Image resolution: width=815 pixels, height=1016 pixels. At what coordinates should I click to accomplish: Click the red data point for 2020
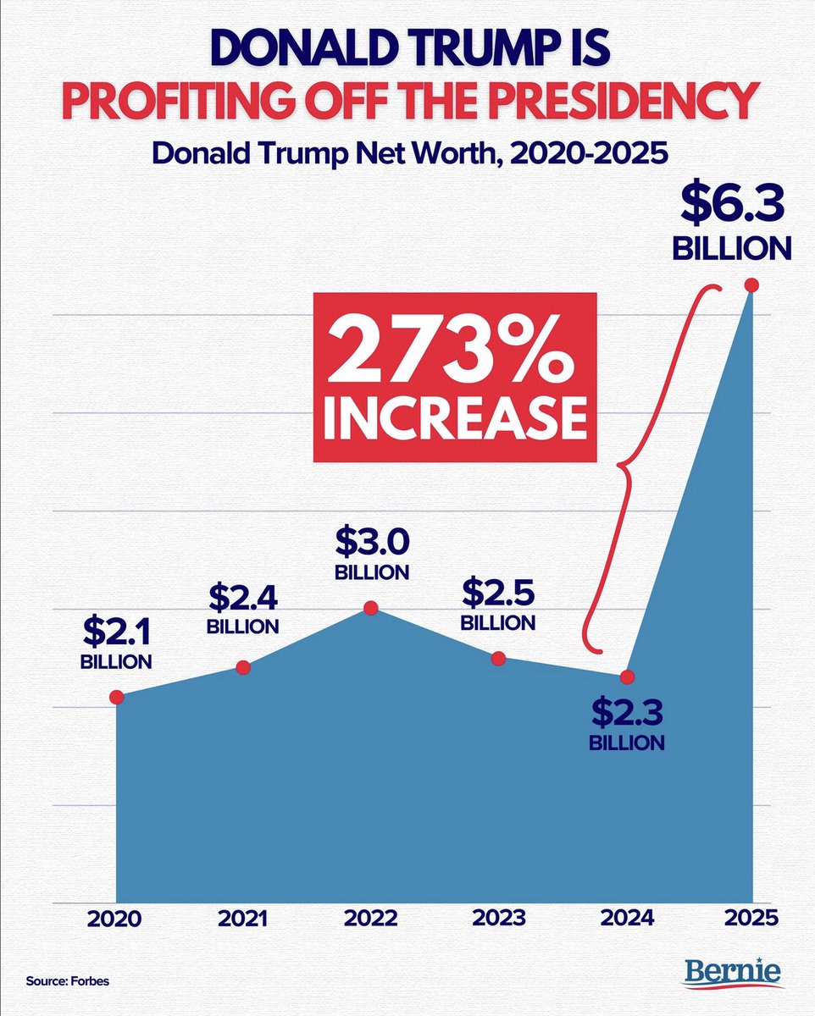coord(117,697)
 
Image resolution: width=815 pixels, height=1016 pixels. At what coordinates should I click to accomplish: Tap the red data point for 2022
coord(370,607)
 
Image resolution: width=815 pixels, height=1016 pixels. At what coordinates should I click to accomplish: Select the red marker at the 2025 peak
coord(751,285)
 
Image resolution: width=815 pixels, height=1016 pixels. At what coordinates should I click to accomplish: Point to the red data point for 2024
coord(628,676)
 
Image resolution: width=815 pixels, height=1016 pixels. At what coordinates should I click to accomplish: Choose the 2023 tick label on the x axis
coord(498,919)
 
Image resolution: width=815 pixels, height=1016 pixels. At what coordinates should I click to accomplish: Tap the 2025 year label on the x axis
coord(751,919)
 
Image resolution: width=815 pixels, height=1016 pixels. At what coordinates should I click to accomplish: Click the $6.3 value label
coord(732,206)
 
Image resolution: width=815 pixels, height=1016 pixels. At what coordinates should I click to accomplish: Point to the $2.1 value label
coord(116,631)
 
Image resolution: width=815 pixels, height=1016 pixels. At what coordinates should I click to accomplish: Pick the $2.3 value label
coord(627,712)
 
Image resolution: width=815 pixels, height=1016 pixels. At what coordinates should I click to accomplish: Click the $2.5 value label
coord(497,593)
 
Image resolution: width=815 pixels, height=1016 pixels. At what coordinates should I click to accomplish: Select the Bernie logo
coord(734,974)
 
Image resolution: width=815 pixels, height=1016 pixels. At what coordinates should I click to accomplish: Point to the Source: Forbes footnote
coord(68,981)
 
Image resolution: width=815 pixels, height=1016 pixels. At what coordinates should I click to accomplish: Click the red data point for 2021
coord(243,668)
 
